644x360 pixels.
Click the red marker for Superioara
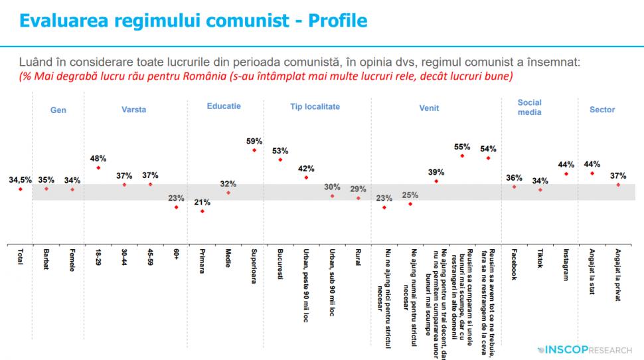(254, 151)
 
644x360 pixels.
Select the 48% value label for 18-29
(98, 158)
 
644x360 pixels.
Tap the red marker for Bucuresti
(280, 160)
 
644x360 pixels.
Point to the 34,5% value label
(21, 179)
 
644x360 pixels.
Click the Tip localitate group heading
(315, 106)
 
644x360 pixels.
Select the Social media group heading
(530, 107)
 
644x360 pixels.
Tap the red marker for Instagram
(566, 174)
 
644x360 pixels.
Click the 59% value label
(254, 141)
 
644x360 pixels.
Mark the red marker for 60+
(176, 207)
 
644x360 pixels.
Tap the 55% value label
(463, 147)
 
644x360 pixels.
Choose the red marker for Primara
(202, 211)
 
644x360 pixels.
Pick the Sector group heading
(602, 110)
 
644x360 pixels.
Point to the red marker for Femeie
(72, 189)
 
